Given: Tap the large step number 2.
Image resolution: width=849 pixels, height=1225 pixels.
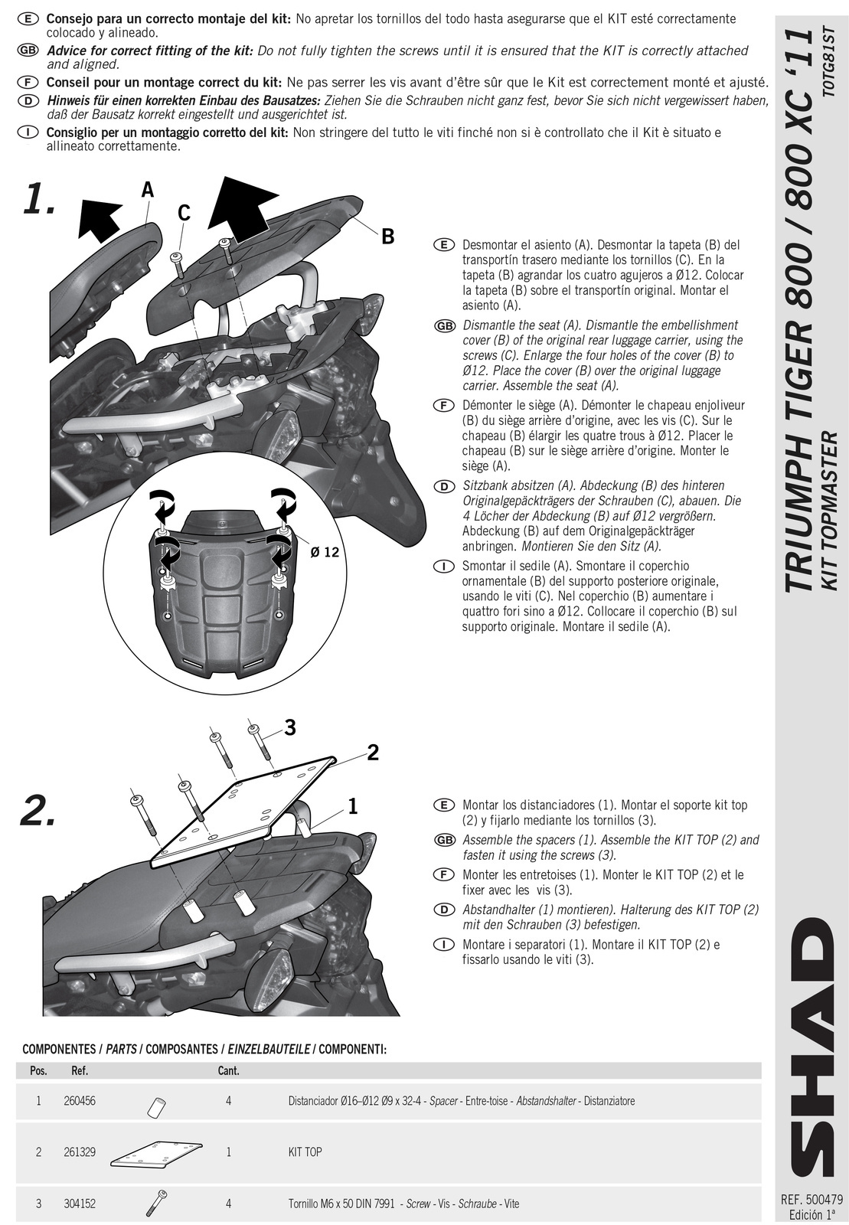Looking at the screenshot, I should point(38,812).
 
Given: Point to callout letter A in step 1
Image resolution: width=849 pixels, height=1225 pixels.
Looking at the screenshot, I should point(147,190).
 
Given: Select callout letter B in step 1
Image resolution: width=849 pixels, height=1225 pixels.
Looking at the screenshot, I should point(387,237).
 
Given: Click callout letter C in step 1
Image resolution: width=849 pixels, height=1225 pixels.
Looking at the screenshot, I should point(184,213).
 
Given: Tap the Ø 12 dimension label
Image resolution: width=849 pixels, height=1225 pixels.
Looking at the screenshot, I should point(325,551).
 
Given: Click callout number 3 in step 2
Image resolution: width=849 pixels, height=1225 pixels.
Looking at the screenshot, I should point(290,727).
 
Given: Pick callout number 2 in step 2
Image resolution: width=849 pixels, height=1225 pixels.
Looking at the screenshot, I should point(373,753).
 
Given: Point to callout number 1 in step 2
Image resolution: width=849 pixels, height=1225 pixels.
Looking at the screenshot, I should point(353,805).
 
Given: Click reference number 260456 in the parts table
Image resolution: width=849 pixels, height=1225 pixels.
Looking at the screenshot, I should point(80,1101).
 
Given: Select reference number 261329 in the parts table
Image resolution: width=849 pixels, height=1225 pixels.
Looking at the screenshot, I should point(80,1151).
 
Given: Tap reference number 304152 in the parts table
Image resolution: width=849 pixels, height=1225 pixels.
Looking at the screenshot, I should point(80,1204).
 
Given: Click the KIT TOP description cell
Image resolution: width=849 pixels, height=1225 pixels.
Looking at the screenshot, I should point(305,1151).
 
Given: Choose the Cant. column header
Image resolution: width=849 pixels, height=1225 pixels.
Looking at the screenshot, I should point(228,1070).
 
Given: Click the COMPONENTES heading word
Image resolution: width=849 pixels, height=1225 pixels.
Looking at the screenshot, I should point(57,1049).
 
